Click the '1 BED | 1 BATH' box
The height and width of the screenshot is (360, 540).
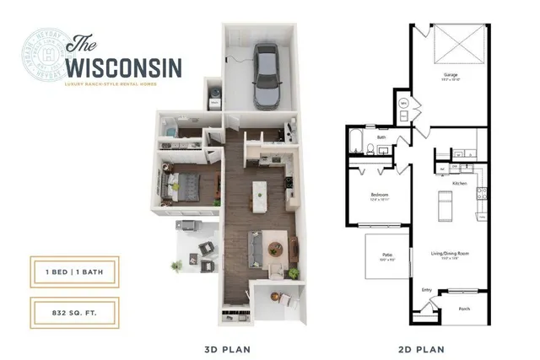tap(73, 270)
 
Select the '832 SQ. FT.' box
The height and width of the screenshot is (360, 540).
tap(73, 311)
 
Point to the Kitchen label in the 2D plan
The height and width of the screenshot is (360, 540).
tap(460, 183)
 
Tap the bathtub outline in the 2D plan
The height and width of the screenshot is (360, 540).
tap(355, 144)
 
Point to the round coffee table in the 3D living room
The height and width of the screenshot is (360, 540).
tap(273, 249)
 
